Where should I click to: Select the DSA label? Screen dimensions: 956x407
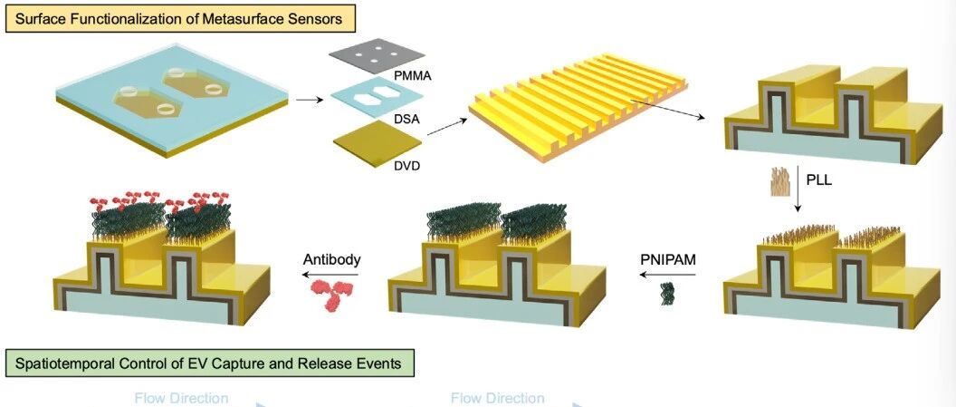pos(406,120)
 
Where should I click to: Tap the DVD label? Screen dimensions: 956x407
pos(406,165)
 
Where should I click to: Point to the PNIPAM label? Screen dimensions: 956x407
pos(668,260)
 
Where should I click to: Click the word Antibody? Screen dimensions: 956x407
pos(331,259)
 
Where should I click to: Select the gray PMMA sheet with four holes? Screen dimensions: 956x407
pos(377,55)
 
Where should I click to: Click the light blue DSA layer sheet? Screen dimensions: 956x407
pos(378,98)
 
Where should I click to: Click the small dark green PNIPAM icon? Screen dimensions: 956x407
pos(668,293)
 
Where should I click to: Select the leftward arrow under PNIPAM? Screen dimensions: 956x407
pos(667,275)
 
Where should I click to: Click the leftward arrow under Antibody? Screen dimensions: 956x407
pos(331,276)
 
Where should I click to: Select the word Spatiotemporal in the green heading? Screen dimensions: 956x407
pos(54,363)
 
